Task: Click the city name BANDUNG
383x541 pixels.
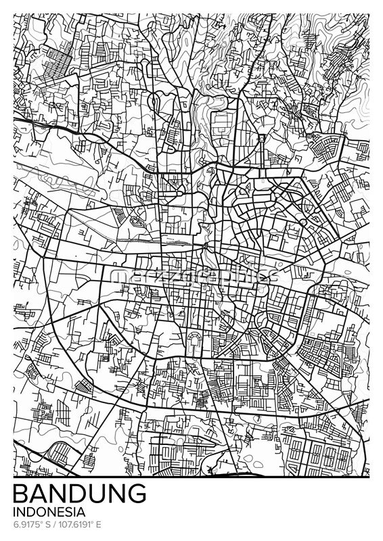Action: coord(80,493)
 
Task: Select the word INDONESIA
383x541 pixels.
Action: coord(49,511)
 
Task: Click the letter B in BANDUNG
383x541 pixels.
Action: coord(21,493)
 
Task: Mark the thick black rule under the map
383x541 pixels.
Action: coord(191,477)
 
